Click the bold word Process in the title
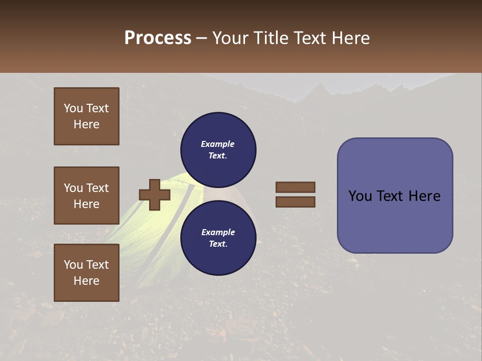[x=158, y=38]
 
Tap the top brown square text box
[x=86, y=116]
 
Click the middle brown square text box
[x=86, y=196]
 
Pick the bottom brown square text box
[x=86, y=272]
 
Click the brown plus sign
[x=155, y=195]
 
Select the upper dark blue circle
[x=218, y=149]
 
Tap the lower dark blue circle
[x=218, y=238]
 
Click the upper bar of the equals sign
[x=295, y=187]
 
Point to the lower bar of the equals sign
[x=295, y=202]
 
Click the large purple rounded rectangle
[x=395, y=196]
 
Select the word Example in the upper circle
[x=218, y=144]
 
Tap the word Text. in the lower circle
[x=218, y=244]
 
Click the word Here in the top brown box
[x=86, y=124]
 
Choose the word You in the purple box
[x=359, y=196]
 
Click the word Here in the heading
[x=351, y=38]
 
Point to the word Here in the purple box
[x=424, y=196]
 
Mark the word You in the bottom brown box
[x=73, y=265]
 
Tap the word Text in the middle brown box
[x=97, y=188]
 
